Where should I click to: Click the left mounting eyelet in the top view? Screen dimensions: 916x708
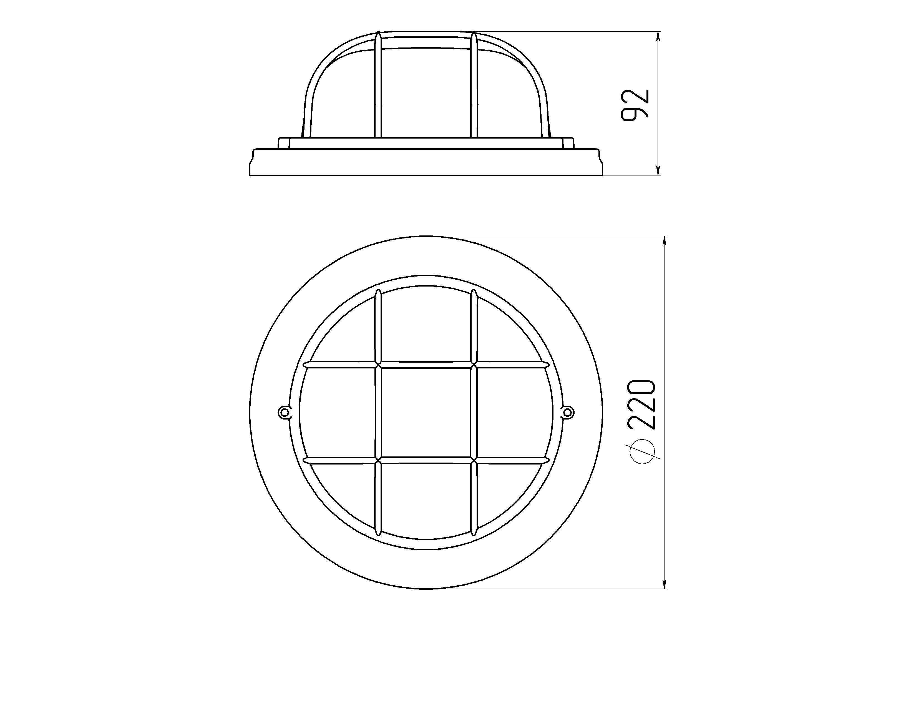[284, 413]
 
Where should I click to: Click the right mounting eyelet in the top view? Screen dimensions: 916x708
[567, 413]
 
